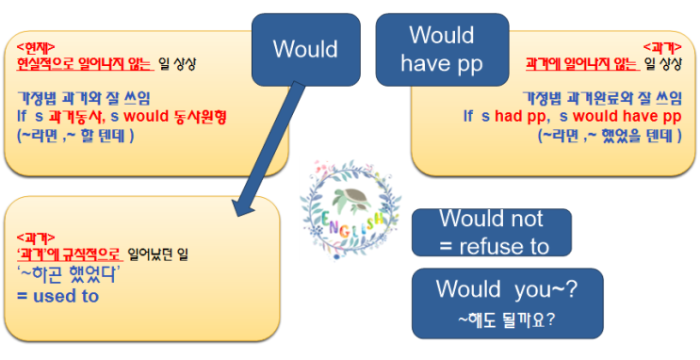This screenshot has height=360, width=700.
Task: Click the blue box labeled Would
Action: coord(305,50)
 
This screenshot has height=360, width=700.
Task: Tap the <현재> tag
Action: coord(36,46)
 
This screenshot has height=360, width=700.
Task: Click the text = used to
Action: coord(57,295)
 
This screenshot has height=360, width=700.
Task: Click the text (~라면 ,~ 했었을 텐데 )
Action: coord(610,135)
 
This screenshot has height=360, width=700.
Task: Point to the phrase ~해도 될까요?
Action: coord(506,319)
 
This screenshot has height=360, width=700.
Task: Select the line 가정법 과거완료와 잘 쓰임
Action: coord(602,98)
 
